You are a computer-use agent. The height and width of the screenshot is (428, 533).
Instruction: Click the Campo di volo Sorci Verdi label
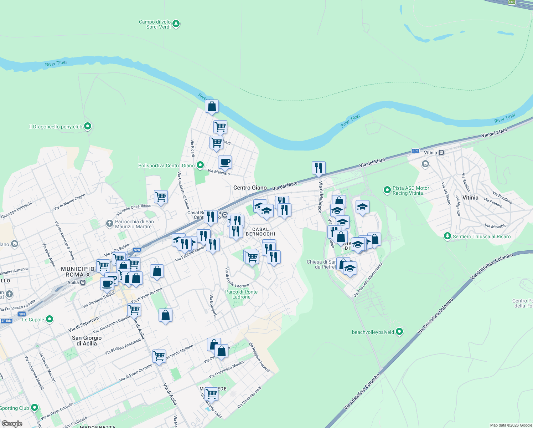click(155, 24)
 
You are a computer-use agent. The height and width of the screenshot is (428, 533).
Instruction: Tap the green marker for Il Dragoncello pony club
click(88, 126)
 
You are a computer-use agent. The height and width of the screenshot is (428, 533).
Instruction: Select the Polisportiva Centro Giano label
click(166, 165)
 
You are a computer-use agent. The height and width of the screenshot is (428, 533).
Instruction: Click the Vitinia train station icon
click(441, 153)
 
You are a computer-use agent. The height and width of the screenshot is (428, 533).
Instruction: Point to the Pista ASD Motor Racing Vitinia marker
click(387, 190)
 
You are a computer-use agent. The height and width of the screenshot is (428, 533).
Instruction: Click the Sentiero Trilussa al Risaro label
click(481, 236)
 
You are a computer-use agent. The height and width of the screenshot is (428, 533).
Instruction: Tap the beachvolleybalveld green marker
click(399, 332)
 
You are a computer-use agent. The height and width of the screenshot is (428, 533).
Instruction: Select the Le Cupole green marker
click(50, 319)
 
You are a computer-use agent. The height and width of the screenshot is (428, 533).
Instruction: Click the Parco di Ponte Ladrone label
click(241, 294)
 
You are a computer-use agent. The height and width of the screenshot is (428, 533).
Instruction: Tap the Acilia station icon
click(83, 282)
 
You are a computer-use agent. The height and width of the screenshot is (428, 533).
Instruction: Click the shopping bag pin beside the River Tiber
click(212, 107)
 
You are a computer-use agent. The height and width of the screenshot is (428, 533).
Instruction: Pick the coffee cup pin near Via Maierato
click(225, 162)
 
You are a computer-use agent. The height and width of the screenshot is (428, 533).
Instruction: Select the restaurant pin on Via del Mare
click(319, 168)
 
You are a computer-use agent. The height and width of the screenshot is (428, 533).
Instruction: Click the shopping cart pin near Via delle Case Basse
click(161, 197)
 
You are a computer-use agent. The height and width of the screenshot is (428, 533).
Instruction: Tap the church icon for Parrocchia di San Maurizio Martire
click(109, 224)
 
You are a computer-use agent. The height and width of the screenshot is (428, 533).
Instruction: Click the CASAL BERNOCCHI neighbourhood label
click(260, 231)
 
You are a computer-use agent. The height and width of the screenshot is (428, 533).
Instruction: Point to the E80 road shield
click(512, 2)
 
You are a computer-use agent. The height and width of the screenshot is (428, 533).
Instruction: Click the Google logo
click(12, 424)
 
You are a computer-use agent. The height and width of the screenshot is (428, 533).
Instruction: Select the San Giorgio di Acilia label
click(87, 340)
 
